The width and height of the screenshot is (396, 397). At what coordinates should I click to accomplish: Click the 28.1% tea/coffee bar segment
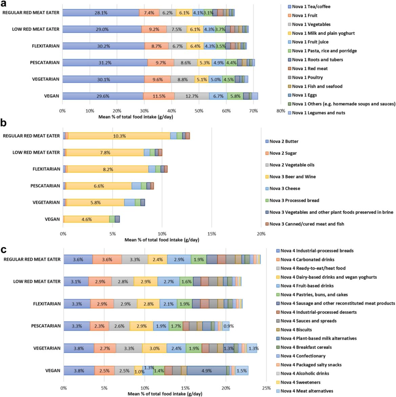tap(101, 13)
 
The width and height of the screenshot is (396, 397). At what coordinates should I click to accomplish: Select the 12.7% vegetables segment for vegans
tap(192, 96)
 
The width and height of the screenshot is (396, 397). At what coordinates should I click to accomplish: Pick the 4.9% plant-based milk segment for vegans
tap(206, 371)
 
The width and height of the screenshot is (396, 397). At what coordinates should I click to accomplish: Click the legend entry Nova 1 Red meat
tap(309, 68)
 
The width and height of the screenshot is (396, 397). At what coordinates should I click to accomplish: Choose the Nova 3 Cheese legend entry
tap(285, 189)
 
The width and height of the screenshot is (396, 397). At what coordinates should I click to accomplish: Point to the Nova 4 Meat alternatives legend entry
tap(307, 391)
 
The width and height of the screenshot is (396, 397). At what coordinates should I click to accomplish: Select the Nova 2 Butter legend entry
tap(284, 142)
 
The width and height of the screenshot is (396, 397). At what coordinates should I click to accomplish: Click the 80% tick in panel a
tap(281, 111)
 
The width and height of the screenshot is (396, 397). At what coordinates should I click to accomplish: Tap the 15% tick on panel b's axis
tap(212, 234)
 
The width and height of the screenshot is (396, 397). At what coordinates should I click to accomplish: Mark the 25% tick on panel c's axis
tap(266, 388)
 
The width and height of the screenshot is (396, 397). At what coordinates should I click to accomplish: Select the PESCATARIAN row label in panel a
tap(44, 63)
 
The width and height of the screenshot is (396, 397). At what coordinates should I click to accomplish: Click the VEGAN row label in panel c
tap(53, 371)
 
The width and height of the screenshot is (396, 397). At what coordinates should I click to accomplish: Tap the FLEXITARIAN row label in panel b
tap(46, 169)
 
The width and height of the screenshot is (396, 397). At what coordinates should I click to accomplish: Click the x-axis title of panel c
tap(165, 394)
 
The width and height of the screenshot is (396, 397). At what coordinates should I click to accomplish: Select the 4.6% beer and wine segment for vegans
tap(87, 220)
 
